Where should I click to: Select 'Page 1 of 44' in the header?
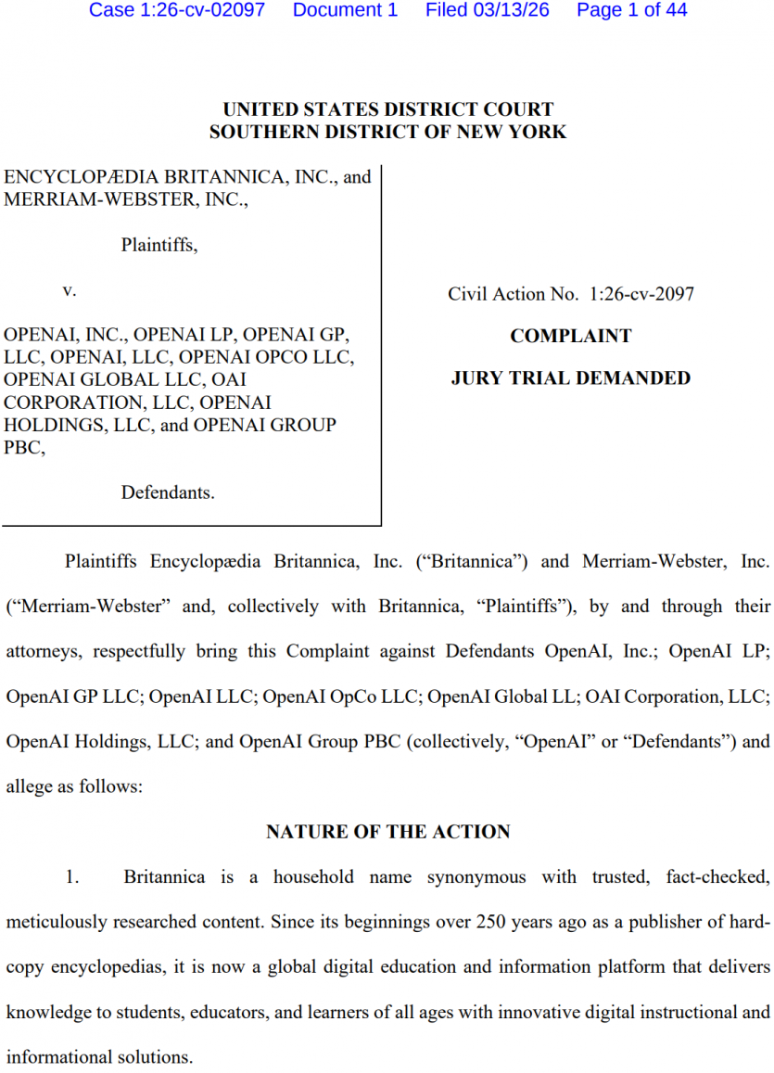click(631, 10)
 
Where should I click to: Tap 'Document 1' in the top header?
click(345, 10)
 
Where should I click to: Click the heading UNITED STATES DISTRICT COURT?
click(387, 110)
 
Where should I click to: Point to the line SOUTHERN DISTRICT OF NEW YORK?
click(387, 133)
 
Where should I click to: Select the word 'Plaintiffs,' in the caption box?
click(159, 246)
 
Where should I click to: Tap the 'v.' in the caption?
click(70, 290)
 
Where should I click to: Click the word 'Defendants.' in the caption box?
click(168, 492)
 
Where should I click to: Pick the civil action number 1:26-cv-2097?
click(641, 294)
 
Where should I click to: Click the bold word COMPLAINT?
click(570, 336)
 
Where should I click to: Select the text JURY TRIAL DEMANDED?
click(570, 378)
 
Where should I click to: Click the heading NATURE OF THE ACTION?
click(387, 832)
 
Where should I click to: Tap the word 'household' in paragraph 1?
click(313, 876)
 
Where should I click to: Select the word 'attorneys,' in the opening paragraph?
click(44, 651)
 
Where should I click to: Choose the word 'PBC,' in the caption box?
click(24, 447)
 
